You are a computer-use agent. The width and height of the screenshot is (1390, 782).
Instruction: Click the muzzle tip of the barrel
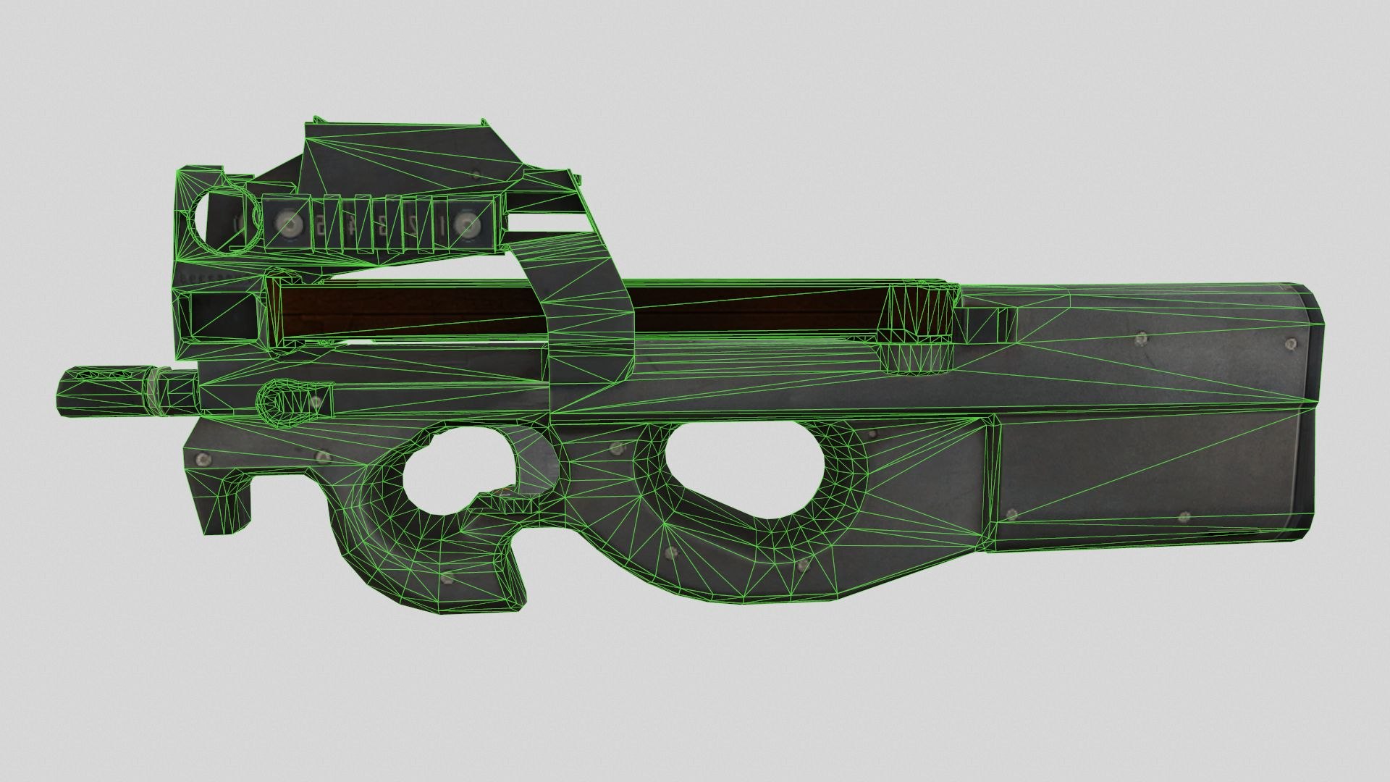click(x=61, y=392)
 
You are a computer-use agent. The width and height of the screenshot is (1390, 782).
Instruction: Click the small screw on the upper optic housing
click(x=475, y=172)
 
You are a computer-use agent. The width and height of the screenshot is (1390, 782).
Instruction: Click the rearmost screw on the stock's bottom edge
click(x=1184, y=516)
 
